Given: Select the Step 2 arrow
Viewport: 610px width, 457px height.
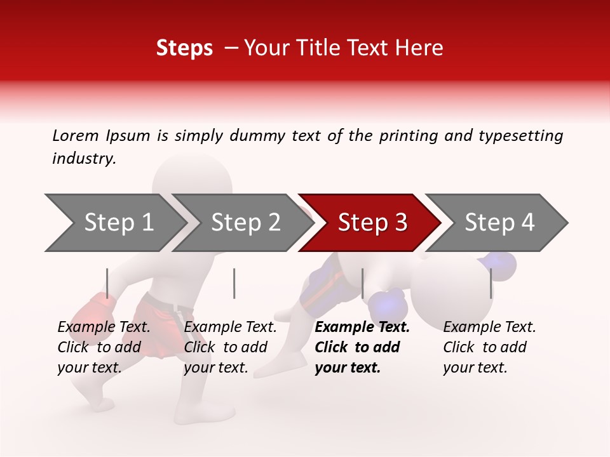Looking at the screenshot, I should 245,222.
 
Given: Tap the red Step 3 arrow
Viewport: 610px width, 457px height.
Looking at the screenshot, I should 372,222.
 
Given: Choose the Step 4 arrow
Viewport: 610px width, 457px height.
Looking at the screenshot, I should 499,222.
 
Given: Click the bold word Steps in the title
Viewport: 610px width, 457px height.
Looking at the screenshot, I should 184,48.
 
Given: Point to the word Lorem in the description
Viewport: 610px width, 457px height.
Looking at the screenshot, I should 76,136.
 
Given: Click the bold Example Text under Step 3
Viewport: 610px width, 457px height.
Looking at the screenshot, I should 362,328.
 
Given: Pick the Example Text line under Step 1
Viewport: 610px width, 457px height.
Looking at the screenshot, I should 104,328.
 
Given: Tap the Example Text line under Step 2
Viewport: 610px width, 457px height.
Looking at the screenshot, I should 231,328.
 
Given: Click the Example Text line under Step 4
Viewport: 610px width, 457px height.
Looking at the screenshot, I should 489,328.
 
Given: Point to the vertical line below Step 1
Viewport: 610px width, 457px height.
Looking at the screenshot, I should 107,283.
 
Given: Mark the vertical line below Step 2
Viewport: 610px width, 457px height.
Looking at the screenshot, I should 234,283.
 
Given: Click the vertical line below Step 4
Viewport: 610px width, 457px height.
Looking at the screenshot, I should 491,283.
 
